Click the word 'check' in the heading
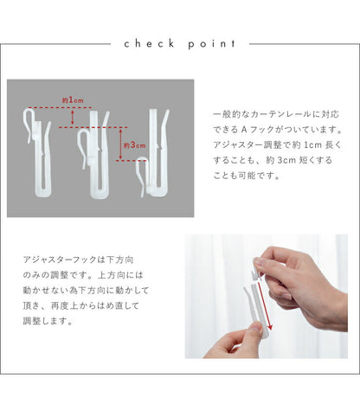150,44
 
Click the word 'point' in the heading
212,44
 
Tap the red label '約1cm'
73,100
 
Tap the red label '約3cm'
135,145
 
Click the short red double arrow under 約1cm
73,117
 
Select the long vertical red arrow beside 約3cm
121,144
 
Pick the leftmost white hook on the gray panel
37,152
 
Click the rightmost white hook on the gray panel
154,153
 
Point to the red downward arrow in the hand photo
265,305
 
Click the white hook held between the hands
258,297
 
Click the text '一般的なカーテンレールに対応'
276,114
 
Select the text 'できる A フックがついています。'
278,130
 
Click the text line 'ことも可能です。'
247,176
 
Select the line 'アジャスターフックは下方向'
78,260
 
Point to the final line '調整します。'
48,321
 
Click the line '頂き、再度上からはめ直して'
81,305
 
